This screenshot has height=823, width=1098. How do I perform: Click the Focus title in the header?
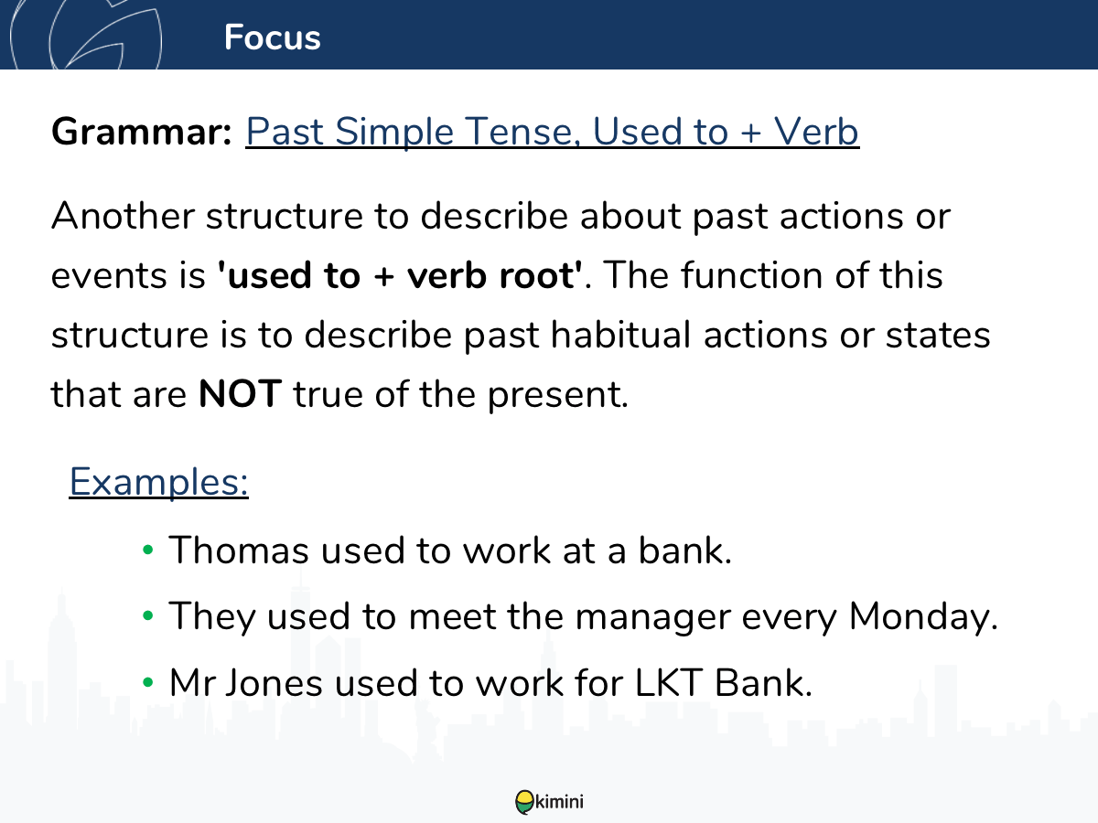coord(272,37)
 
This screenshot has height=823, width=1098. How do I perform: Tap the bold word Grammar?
coord(142,132)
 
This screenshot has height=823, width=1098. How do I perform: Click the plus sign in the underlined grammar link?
coord(751,134)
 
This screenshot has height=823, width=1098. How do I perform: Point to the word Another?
coord(123,216)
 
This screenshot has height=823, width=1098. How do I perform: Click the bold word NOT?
coord(240,394)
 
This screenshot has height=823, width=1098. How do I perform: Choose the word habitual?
coord(620,335)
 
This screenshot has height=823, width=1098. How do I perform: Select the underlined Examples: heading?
coord(158,482)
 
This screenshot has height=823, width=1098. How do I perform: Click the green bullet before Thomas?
coord(147,550)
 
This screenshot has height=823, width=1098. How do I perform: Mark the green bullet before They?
coord(147,615)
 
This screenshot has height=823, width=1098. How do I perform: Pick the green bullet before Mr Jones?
coord(147,682)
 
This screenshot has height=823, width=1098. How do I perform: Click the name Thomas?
coord(239,550)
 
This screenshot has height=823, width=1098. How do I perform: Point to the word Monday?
coord(920,616)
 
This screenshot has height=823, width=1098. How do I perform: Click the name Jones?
coord(274,682)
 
